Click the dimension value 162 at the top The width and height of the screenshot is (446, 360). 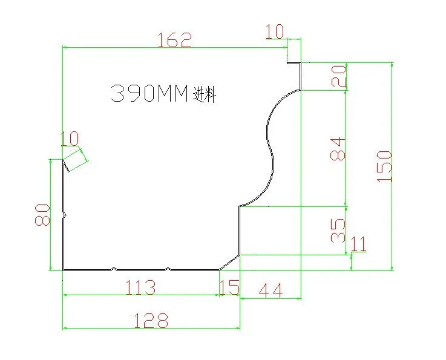(x=175, y=39)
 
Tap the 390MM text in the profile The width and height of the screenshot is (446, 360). (x=149, y=93)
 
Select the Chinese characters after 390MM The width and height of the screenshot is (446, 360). (x=205, y=94)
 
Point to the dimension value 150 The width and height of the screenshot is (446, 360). (x=384, y=166)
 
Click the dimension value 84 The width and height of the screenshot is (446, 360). (x=338, y=149)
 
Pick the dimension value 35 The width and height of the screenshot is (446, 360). (x=338, y=231)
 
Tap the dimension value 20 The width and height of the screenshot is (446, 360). (x=339, y=76)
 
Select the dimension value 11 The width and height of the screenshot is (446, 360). (x=358, y=244)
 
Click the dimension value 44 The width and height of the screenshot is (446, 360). (x=271, y=290)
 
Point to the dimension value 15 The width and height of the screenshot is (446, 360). (x=230, y=287)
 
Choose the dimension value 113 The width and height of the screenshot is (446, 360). (x=141, y=287)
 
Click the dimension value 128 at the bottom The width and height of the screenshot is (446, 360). (x=151, y=320)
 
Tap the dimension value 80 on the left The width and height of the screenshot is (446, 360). (x=42, y=215)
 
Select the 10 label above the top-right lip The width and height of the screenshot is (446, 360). (x=275, y=31)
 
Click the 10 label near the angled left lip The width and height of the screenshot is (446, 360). (x=70, y=139)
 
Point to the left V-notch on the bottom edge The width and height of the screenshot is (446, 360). (x=114, y=269)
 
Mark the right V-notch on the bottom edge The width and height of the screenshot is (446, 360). (x=168, y=269)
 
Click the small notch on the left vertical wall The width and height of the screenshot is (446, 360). (x=64, y=215)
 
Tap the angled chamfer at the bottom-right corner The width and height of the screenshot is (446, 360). (x=229, y=263)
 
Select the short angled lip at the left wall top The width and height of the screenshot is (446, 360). (x=66, y=166)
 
